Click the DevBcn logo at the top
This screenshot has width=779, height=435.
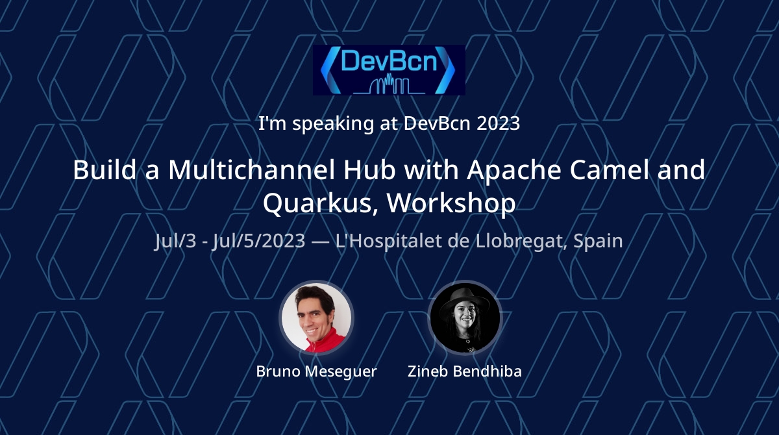[389, 70]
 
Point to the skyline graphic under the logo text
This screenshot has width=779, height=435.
[389, 84]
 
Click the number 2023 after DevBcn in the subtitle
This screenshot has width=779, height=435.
[498, 123]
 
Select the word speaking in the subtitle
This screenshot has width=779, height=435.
[333, 124]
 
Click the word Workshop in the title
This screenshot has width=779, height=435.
[451, 204]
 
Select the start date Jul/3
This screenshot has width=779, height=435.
[175, 241]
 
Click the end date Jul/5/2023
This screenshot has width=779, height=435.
[259, 241]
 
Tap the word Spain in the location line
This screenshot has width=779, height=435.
[598, 241]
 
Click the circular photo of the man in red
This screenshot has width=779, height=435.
[316, 317]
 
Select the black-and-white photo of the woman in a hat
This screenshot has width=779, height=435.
[465, 317]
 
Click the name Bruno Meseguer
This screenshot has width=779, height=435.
[317, 371]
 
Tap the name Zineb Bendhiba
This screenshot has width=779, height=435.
[465, 371]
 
